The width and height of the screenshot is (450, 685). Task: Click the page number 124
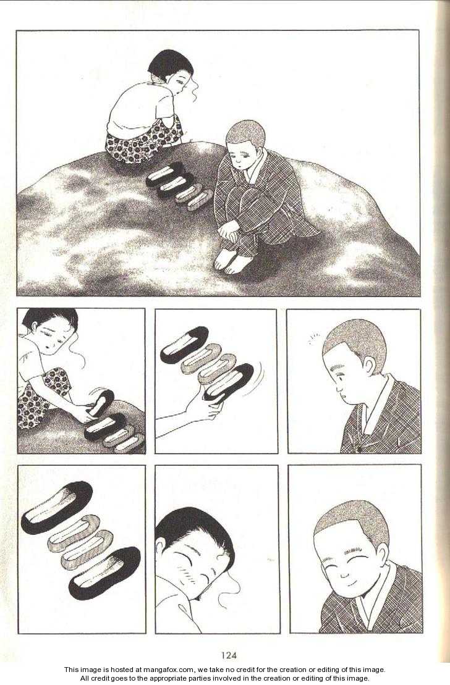(229, 655)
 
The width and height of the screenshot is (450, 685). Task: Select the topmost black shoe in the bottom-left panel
(57, 506)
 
